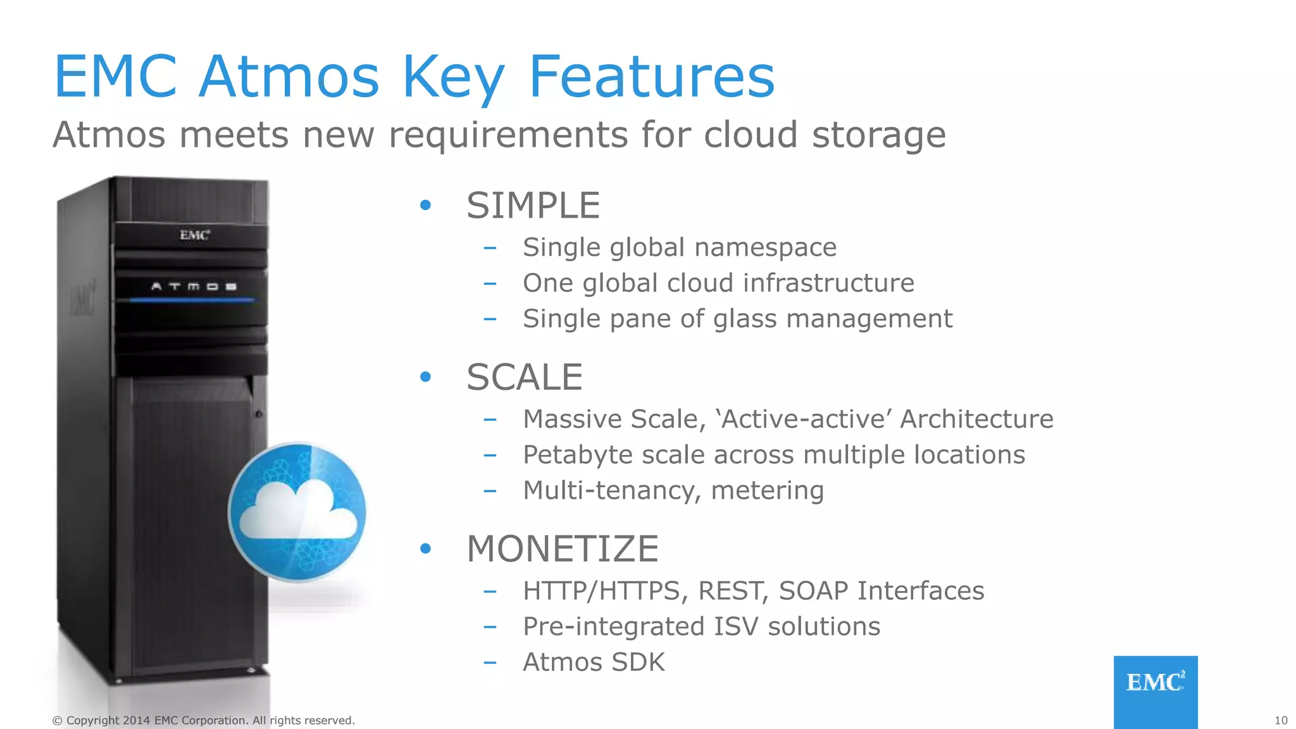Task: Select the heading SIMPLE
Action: coord(533,206)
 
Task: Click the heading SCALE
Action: coord(524,377)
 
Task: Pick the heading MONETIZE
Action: coord(562,549)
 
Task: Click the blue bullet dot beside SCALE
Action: coord(425,377)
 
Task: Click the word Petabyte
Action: coord(578,455)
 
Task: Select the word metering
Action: coord(767,490)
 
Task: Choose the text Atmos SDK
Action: coord(594,663)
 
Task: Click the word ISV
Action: coord(735,626)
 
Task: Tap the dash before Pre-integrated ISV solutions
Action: coord(489,626)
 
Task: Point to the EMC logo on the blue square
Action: coord(1155,682)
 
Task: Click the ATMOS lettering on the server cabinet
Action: coord(194,287)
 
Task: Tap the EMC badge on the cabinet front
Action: coord(194,235)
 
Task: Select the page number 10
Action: coord(1281,720)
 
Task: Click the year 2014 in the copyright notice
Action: coord(136,720)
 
